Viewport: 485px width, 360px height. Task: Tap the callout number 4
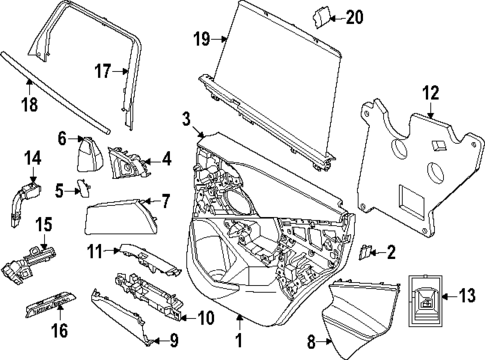click(x=166, y=157)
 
